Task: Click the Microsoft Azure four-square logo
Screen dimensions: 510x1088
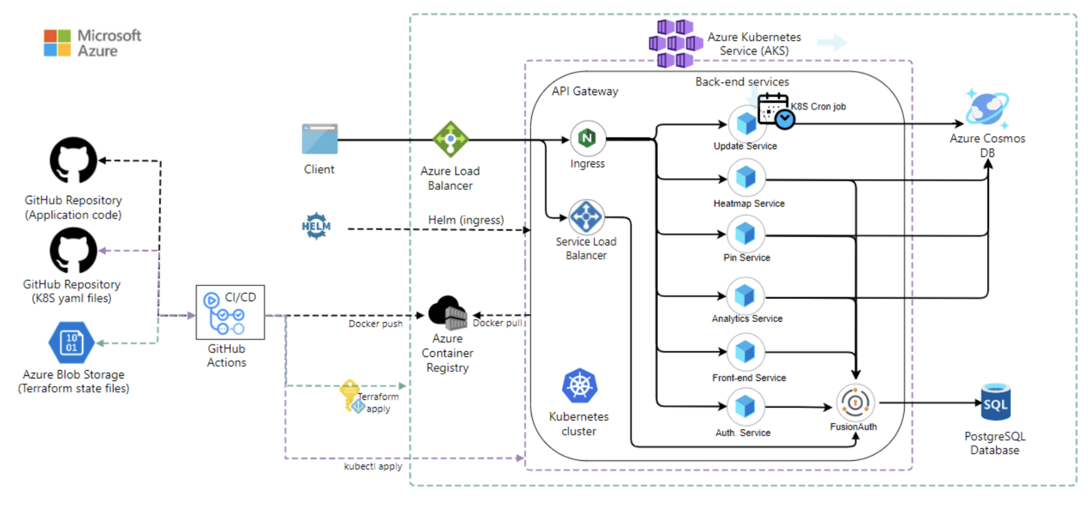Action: tap(58, 43)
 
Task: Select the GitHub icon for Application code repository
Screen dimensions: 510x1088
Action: tap(73, 160)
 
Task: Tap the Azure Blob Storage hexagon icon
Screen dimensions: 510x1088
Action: tap(71, 342)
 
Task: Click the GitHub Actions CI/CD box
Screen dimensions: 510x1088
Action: tap(230, 312)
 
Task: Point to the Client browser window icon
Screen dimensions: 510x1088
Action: tap(320, 139)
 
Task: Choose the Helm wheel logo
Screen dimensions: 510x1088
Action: tap(316, 226)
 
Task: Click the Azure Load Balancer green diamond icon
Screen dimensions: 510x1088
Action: tap(451, 139)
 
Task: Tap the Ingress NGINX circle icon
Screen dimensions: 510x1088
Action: tap(588, 138)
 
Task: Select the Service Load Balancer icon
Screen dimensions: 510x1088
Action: tap(586, 216)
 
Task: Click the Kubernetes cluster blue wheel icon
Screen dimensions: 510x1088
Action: tap(580, 386)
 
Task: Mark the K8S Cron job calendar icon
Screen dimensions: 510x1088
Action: tap(775, 110)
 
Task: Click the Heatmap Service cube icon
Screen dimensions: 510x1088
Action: tap(746, 178)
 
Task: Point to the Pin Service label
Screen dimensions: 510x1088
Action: tap(746, 258)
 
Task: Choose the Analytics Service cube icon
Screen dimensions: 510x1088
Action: tap(745, 296)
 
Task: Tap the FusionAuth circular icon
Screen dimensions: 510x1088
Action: tap(855, 403)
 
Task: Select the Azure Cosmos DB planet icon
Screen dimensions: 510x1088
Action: tap(987, 108)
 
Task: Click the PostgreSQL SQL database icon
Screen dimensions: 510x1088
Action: tap(996, 403)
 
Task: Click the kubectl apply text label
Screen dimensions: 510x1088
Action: tap(373, 466)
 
